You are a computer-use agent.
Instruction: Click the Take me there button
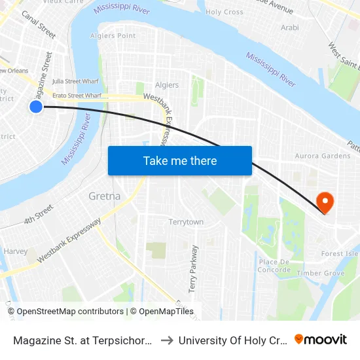coord(180,160)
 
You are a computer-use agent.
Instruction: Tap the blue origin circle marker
coord(36,106)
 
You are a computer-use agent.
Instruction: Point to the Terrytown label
coord(186,222)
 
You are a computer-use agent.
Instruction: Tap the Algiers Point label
coord(113,35)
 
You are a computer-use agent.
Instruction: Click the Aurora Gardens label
coord(323,156)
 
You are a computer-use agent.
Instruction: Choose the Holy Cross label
coord(225,12)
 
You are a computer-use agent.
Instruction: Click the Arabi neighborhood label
coord(289,27)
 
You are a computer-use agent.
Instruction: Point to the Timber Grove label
coord(320,273)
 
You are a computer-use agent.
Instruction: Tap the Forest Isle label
coord(339,254)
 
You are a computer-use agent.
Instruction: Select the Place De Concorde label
coord(274,266)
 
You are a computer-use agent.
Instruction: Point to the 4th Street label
coord(39,214)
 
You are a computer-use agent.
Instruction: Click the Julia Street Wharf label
coord(75,81)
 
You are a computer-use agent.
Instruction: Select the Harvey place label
coord(16,251)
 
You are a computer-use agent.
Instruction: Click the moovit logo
coord(321,339)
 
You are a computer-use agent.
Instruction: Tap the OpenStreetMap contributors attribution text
coord(69,312)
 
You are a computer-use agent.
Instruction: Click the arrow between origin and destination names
coord(166,340)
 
